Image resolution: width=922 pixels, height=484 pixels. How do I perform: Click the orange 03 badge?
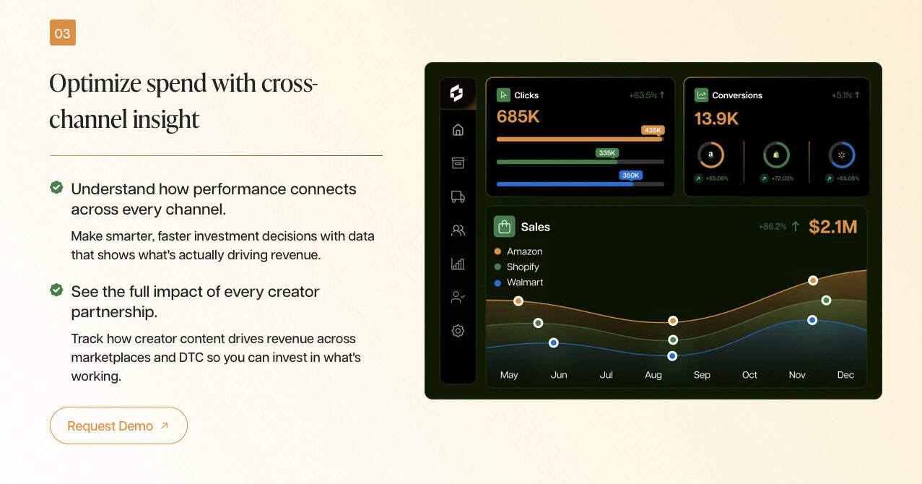tap(63, 33)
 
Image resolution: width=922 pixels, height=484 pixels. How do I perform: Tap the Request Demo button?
tap(118, 425)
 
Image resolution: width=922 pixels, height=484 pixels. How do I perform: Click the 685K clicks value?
tap(518, 116)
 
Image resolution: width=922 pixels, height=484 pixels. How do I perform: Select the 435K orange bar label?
tap(653, 130)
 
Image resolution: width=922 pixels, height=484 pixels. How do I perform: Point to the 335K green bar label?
tap(607, 153)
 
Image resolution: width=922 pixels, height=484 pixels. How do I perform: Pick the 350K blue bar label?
tap(630, 175)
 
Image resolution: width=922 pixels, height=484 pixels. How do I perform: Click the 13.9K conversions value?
tap(716, 118)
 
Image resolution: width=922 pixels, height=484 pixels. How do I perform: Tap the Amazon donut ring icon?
tap(710, 155)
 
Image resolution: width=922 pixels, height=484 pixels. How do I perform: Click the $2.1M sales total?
tap(832, 227)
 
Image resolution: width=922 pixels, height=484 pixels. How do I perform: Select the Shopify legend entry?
tap(517, 267)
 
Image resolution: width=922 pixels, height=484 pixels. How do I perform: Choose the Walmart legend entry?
tap(518, 282)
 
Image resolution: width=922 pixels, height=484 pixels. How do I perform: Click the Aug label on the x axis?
tap(653, 375)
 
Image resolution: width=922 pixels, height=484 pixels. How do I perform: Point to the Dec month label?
tap(845, 375)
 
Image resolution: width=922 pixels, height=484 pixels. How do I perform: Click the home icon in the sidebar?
tap(458, 130)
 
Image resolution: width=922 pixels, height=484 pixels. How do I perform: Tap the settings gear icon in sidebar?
tap(458, 331)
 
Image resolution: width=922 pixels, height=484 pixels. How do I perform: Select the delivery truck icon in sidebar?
tap(458, 196)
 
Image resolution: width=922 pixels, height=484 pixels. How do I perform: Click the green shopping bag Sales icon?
tap(504, 227)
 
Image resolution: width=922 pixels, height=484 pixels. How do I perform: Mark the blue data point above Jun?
tap(554, 342)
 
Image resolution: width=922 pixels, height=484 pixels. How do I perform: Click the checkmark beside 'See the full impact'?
tap(56, 290)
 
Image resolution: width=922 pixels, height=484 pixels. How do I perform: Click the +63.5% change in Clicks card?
tap(643, 95)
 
